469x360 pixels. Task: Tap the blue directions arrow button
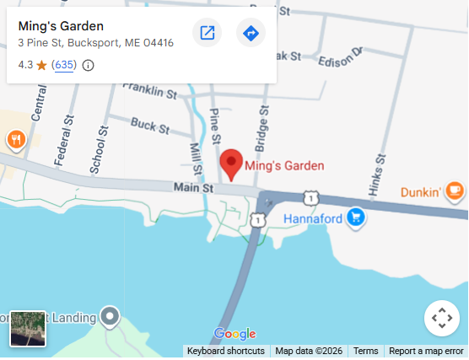(x=251, y=33)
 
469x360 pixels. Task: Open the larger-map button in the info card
(x=207, y=33)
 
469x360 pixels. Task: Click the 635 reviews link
(x=64, y=65)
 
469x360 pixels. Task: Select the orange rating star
(x=41, y=65)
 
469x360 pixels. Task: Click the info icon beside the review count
(x=88, y=65)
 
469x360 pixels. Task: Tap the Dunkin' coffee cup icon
(x=455, y=191)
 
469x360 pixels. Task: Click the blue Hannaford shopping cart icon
(x=356, y=218)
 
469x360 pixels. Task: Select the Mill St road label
(x=195, y=159)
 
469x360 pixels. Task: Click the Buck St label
(x=149, y=126)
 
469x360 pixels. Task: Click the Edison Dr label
(x=340, y=60)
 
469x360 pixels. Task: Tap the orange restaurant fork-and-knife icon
(x=15, y=139)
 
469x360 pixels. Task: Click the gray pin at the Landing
(x=110, y=317)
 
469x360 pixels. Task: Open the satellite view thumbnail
(x=27, y=329)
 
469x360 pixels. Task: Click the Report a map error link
(x=426, y=352)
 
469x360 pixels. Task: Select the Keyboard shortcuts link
(x=225, y=352)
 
